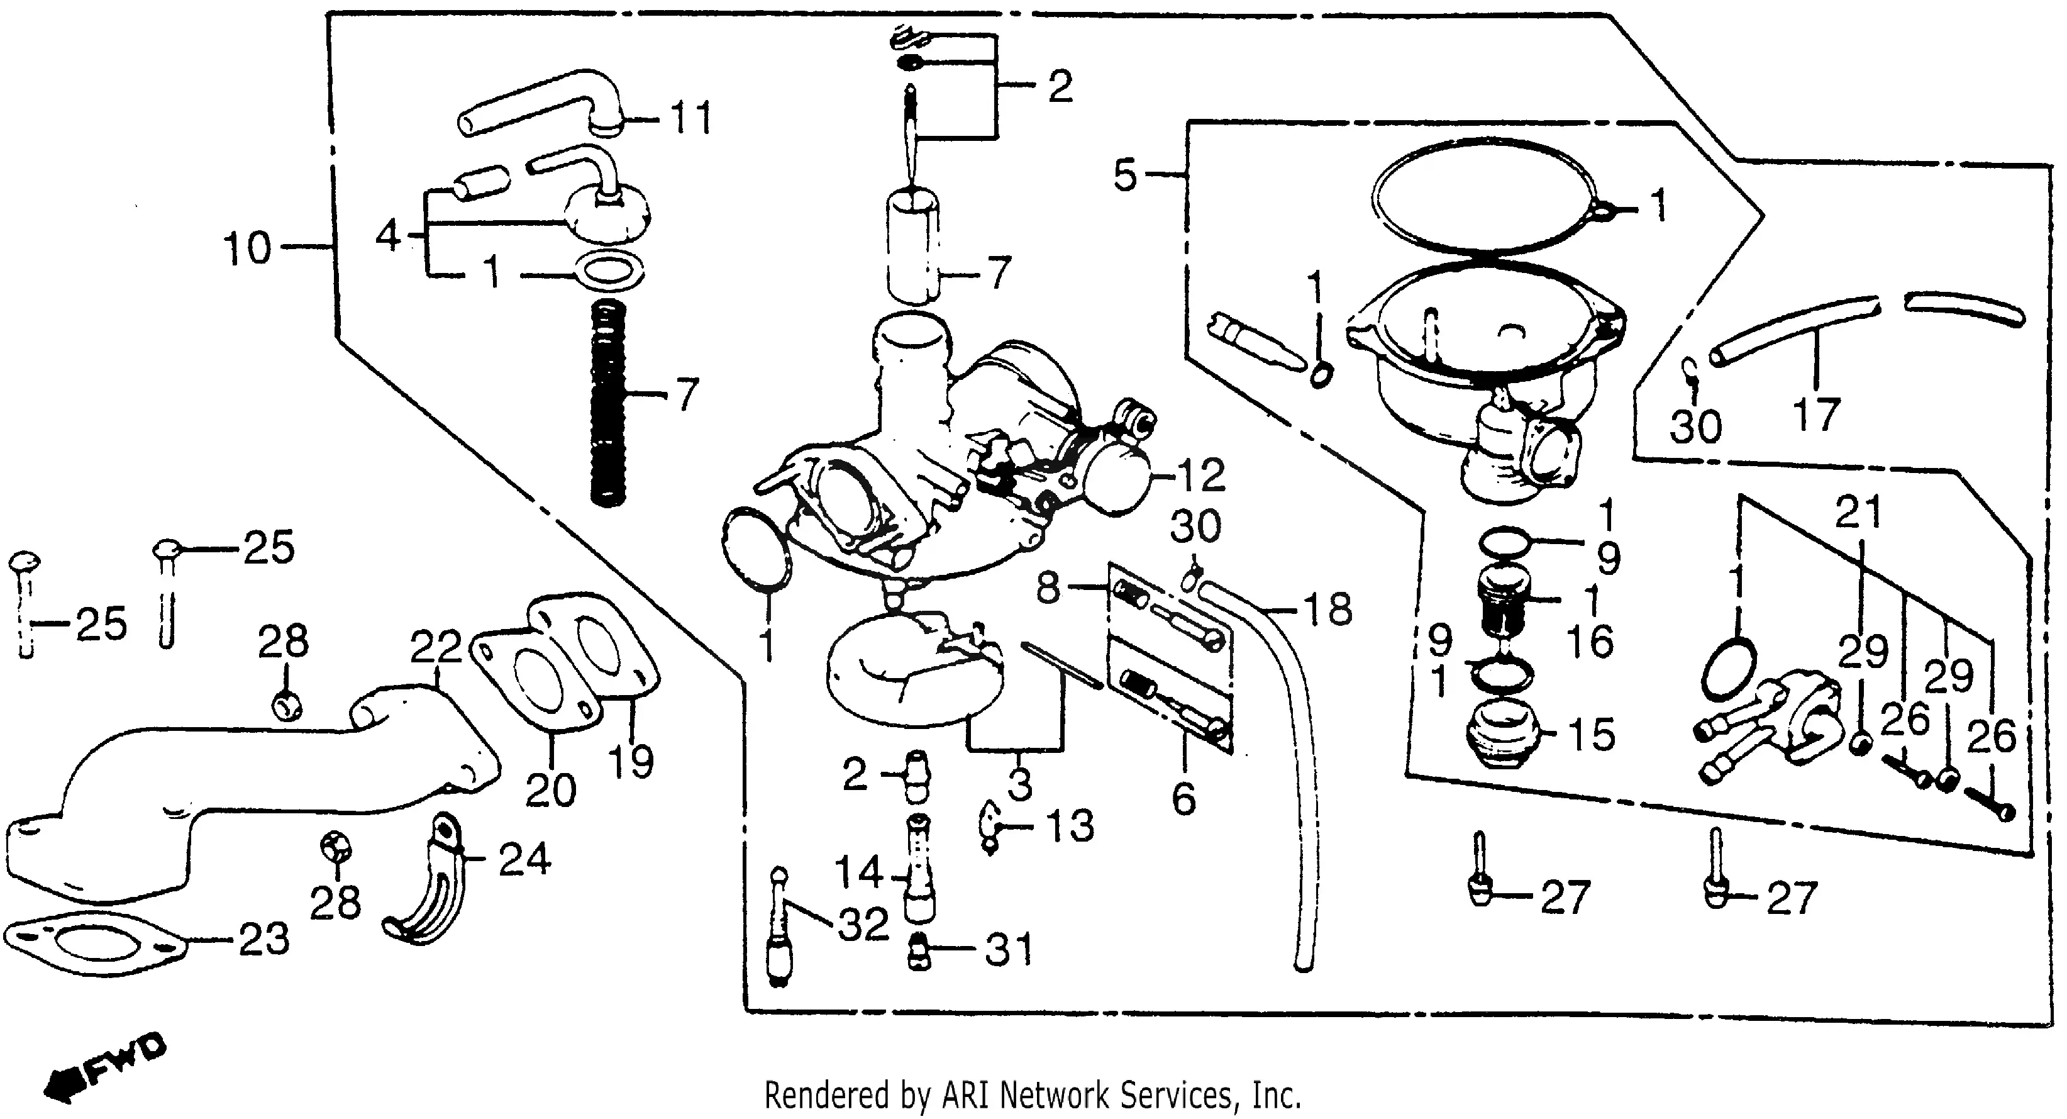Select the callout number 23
pos(264,939)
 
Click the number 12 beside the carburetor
pos(1201,476)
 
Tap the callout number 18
pos(1328,610)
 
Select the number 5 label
pos(1125,174)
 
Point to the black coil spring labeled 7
pos(607,401)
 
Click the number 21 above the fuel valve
pos(1858,512)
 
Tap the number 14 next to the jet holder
pos(858,872)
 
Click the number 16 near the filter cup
pos(1590,642)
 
